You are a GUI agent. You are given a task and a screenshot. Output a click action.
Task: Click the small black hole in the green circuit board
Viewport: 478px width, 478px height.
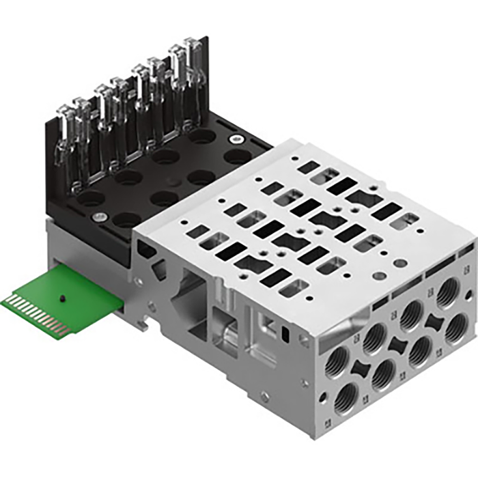click(x=62, y=299)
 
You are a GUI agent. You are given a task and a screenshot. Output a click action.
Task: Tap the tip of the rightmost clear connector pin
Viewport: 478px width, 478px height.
click(x=194, y=44)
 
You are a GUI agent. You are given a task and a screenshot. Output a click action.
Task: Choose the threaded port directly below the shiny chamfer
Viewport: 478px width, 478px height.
click(x=337, y=364)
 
